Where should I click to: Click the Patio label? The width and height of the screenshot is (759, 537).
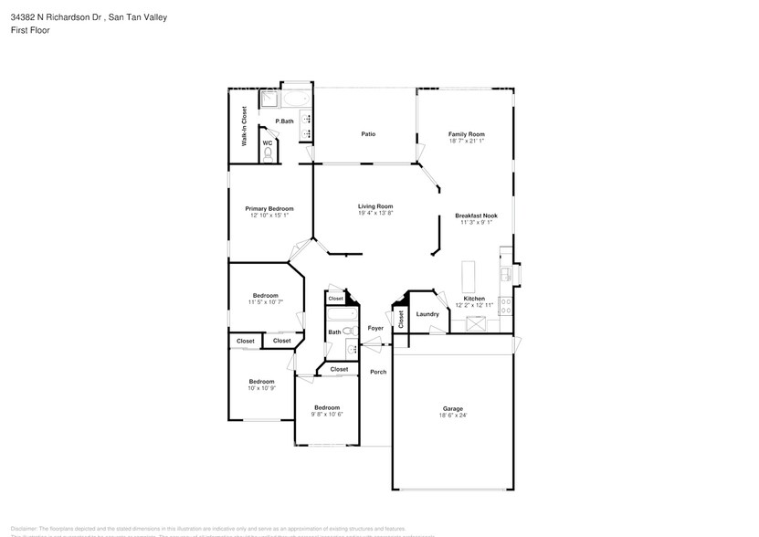[x=368, y=134]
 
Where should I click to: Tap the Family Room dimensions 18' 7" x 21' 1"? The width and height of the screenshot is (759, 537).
[x=466, y=142]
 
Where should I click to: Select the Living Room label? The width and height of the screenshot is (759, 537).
[x=374, y=206]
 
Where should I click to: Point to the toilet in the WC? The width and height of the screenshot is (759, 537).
[x=268, y=154]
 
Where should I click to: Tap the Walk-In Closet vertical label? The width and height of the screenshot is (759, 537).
[x=244, y=127]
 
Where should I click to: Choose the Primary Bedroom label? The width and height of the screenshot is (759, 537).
[x=269, y=209]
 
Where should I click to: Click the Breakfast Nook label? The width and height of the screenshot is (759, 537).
[x=475, y=216]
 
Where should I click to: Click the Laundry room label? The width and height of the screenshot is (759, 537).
[x=427, y=314]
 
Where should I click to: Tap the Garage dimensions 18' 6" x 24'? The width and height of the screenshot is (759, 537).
[x=453, y=416]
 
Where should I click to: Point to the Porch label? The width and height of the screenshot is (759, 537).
[x=378, y=372]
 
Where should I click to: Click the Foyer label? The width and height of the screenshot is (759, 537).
[x=375, y=328]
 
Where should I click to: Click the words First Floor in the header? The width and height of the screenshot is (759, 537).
[x=29, y=29]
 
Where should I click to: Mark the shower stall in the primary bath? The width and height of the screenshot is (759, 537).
[x=270, y=100]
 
